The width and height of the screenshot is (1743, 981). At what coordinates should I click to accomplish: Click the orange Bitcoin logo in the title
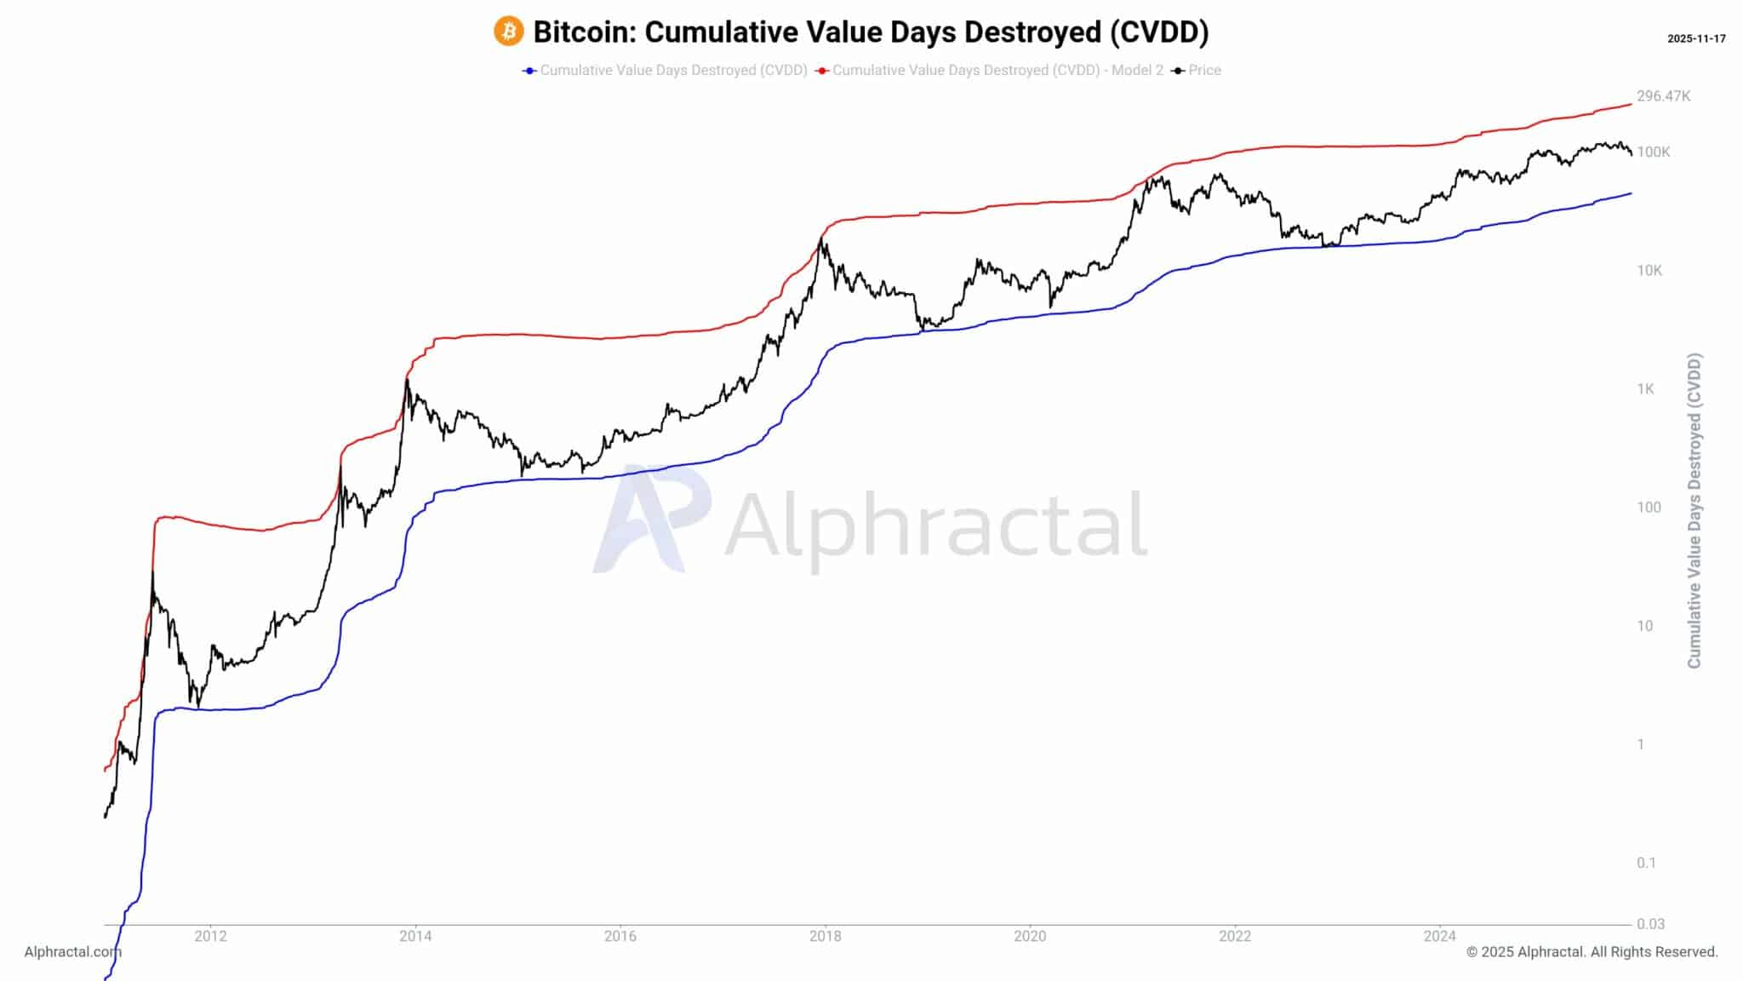508,32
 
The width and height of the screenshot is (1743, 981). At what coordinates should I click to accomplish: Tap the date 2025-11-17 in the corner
1696,38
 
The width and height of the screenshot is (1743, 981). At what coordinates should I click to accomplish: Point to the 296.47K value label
1663,96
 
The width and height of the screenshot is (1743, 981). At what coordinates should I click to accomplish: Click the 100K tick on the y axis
1653,152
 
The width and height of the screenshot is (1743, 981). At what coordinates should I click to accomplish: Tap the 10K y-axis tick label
1649,271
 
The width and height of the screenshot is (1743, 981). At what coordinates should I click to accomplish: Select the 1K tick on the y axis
1645,389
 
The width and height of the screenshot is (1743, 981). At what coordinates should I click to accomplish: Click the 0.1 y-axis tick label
1646,863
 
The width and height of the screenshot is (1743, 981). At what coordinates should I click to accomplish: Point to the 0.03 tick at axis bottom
1650,924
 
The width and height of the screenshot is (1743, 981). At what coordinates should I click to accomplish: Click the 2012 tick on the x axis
210,937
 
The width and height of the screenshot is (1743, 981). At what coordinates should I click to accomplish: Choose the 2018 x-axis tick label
825,937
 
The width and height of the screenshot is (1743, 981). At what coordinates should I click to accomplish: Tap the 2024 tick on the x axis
1439,937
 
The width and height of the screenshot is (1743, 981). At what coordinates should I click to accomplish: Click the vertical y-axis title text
1694,511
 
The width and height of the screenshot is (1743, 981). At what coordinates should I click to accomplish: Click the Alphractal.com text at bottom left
72,952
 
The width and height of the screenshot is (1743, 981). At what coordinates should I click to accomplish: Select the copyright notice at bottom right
1592,952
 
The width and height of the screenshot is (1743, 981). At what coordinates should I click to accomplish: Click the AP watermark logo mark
651,519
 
